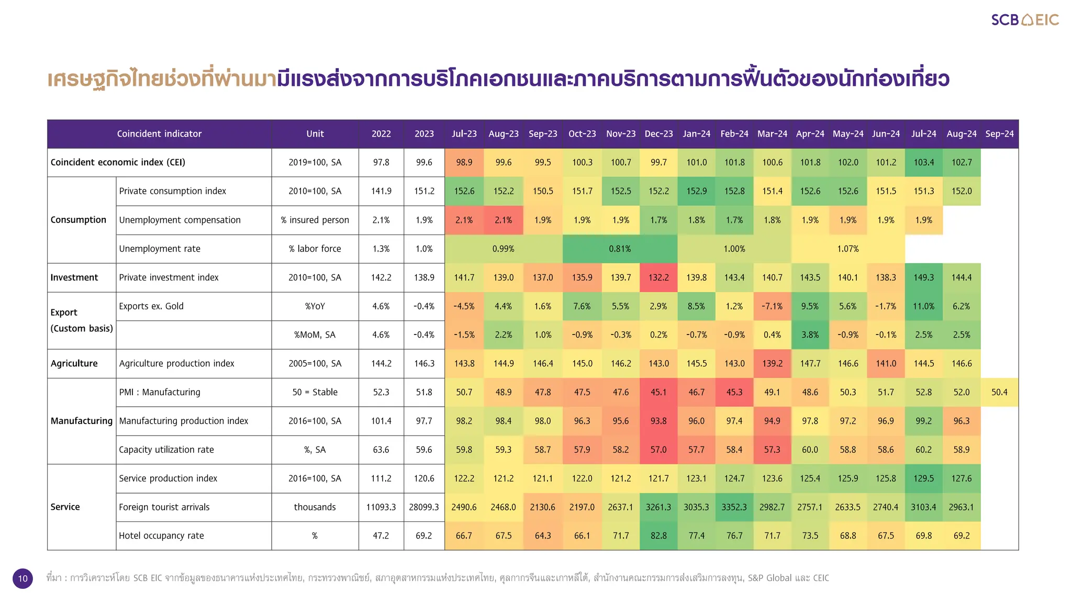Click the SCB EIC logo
pos(1024,20)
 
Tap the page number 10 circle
pos(23,578)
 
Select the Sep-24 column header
pos(999,134)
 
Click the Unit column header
pos(315,134)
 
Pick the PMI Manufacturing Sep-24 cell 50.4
pos(999,392)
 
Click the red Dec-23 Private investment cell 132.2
pos(658,277)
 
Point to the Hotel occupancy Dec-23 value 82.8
pos(658,535)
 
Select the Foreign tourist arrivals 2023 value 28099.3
pos(424,507)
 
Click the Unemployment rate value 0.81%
pos(620,249)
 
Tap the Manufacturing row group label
pos(82,421)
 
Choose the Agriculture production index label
pos(176,363)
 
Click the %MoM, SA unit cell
pos(315,335)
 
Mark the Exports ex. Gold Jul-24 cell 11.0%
pos(923,306)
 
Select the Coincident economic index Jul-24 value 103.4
pos(923,162)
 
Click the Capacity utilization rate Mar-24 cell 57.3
pos(772,450)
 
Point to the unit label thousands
pos(315,507)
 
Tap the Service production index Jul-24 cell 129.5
pos(923,478)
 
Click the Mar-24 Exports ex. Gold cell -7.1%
pos(772,306)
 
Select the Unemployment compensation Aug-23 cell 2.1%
pos(503,220)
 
